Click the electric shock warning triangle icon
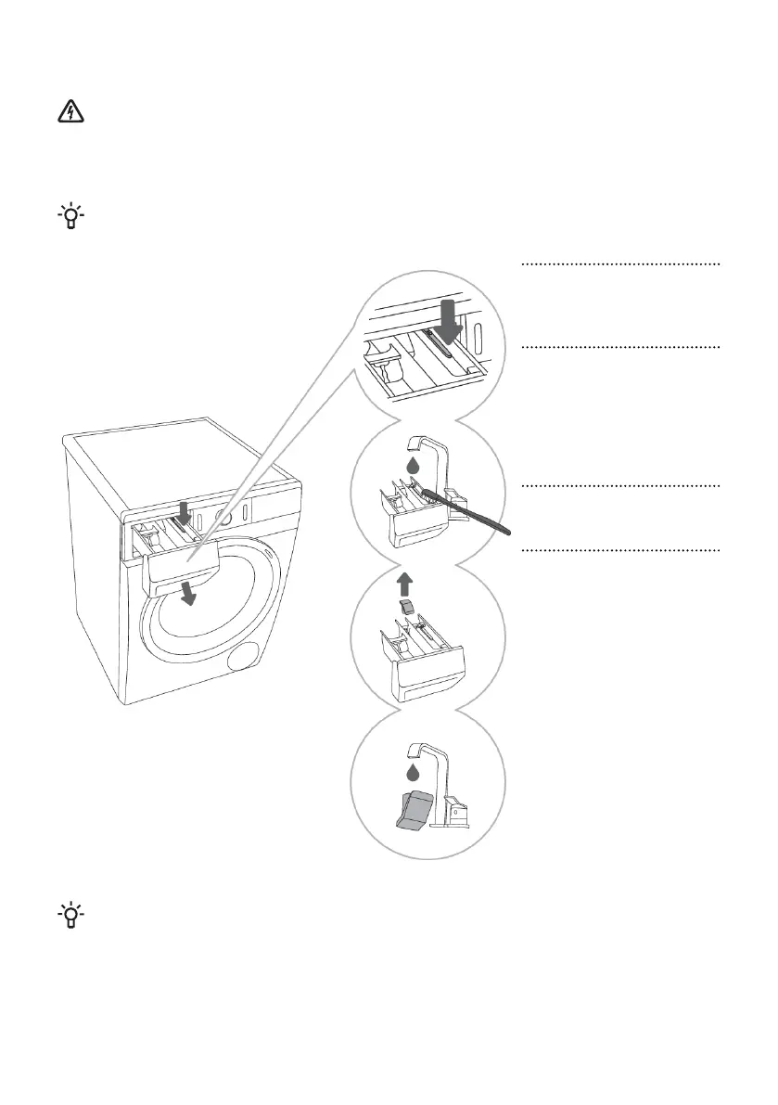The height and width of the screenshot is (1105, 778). (70, 113)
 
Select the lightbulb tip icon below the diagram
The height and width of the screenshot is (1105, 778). (70, 916)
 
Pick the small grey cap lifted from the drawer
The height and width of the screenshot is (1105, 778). (405, 606)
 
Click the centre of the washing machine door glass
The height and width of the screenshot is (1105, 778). (218, 612)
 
